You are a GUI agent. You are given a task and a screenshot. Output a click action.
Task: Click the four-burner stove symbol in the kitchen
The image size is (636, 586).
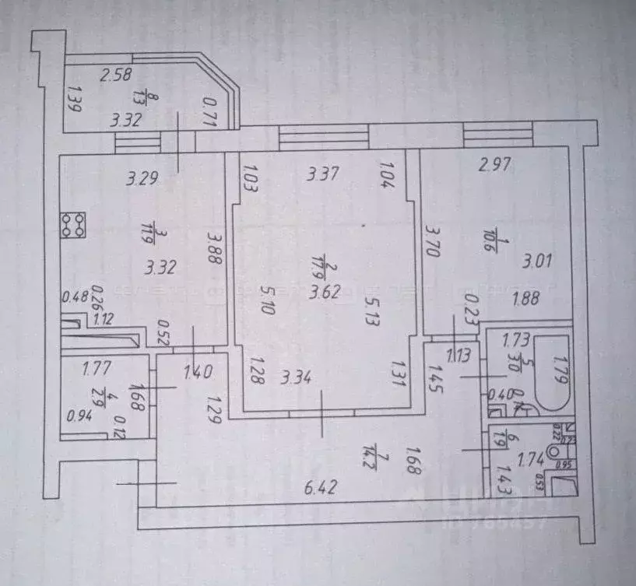pos(75,225)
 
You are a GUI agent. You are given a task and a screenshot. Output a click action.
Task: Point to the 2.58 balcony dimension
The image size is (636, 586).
pos(118,75)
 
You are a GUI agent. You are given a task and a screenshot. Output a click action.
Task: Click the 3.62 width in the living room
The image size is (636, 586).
pos(326,296)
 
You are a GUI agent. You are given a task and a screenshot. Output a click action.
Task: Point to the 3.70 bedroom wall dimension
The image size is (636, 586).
pos(434,247)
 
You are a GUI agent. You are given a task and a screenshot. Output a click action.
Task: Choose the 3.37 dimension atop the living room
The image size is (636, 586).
pos(322,174)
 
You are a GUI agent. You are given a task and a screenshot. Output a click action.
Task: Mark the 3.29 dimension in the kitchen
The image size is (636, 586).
pos(142,178)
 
